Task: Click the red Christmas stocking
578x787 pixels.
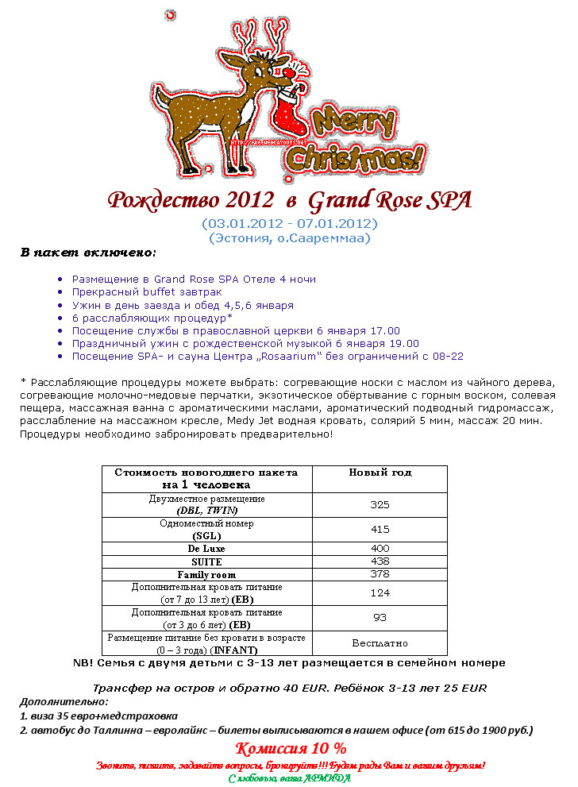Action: [x=286, y=119]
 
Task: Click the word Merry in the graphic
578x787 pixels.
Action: [x=353, y=123]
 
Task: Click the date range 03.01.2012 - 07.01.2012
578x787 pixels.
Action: [x=289, y=223]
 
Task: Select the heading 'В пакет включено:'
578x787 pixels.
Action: [x=88, y=253]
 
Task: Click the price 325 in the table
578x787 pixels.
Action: [x=380, y=505]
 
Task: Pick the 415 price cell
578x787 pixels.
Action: [x=380, y=530]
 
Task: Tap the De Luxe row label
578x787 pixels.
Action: [x=206, y=549]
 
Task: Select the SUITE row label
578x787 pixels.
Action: [x=206, y=561]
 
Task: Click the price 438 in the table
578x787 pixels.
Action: [x=380, y=561]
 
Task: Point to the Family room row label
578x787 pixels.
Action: [x=206, y=574]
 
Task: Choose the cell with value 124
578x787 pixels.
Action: [x=380, y=592]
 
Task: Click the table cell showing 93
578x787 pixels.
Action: [x=380, y=618]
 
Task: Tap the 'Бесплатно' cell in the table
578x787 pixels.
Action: [x=380, y=642]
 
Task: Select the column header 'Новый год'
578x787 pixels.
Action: [x=380, y=473]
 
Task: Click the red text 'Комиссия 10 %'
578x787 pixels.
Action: [x=291, y=748]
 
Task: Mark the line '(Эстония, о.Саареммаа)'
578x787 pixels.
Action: [x=289, y=237]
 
